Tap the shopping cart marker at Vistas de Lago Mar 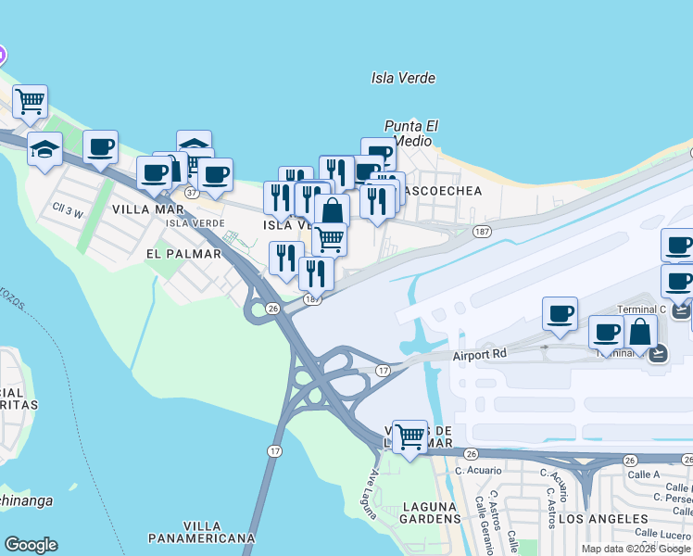coord(409,436)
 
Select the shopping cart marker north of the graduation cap coord(31,102)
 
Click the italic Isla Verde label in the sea coord(403,79)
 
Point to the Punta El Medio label coord(410,133)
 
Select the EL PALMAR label coord(183,253)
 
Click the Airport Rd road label coord(482,355)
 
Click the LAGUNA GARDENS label coord(431,513)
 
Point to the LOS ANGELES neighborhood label coord(586,517)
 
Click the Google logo coord(31,545)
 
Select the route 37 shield coord(192,193)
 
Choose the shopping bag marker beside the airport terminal coord(639,332)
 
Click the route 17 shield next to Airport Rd coord(382,371)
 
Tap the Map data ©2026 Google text coord(636,549)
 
